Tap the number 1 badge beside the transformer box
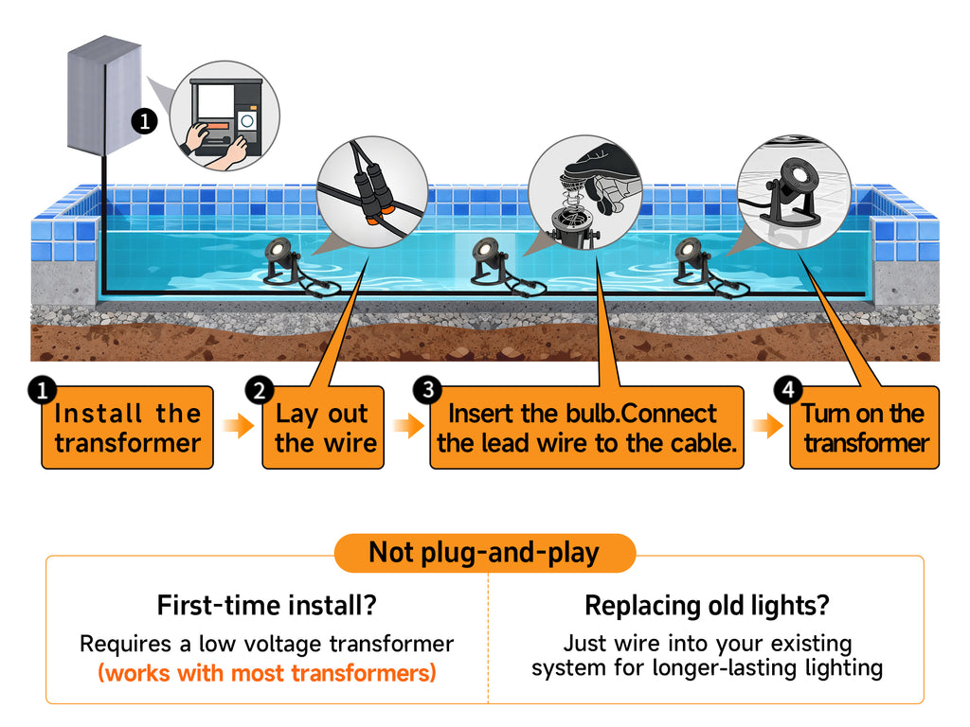(143, 121)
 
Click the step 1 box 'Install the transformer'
(127, 428)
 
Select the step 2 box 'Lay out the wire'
(323, 428)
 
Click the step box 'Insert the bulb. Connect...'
(586, 428)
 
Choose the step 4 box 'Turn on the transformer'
(865, 428)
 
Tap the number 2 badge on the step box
(260, 390)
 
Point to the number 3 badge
(429, 390)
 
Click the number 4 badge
(788, 390)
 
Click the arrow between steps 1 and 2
(239, 427)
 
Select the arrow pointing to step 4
(767, 427)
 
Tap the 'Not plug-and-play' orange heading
(484, 553)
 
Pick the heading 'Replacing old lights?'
(706, 605)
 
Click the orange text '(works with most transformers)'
(266, 674)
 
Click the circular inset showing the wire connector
(371, 192)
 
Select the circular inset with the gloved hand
(584, 190)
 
